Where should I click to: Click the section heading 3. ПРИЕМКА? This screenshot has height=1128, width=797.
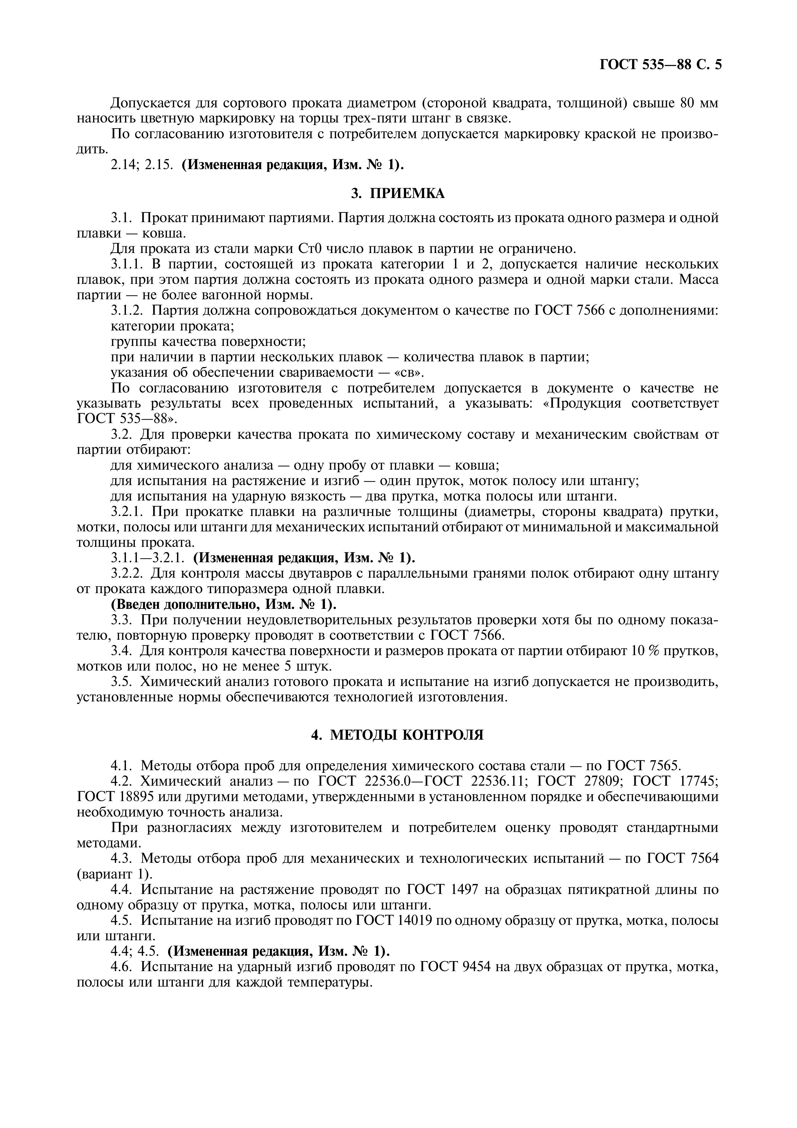pos(398,194)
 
